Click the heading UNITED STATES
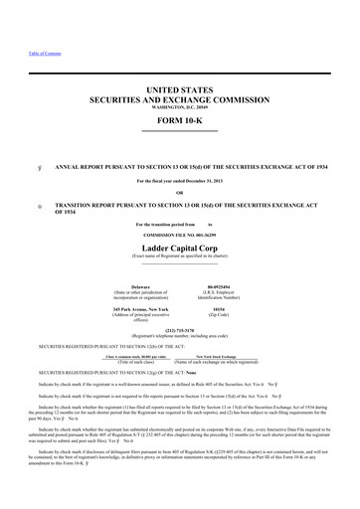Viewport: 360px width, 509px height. coord(179,89)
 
